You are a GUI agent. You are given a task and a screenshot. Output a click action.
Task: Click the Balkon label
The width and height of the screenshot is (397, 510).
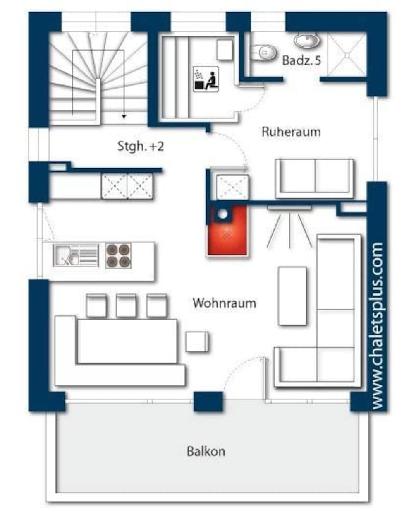click(x=206, y=451)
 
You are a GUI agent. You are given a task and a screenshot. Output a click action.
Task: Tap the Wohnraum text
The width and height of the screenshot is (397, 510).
click(x=224, y=303)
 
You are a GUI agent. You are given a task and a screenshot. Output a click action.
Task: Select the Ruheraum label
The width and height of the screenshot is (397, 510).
click(x=291, y=132)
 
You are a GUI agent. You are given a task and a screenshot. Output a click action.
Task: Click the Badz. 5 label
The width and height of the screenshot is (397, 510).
click(x=301, y=60)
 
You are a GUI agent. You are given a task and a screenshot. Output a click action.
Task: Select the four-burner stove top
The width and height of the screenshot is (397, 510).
click(x=118, y=255)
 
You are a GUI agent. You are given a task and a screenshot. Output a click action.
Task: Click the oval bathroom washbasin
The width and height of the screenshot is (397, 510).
click(x=306, y=41)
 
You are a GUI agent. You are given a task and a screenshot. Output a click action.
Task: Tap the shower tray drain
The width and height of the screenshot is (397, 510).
click(x=347, y=54)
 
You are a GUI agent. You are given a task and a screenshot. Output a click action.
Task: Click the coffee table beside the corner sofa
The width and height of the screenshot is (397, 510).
click(x=292, y=296)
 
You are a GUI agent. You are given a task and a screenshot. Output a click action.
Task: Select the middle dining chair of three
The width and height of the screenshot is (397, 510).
click(x=126, y=306)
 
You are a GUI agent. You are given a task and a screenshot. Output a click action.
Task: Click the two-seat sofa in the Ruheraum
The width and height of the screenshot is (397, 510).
click(x=314, y=178)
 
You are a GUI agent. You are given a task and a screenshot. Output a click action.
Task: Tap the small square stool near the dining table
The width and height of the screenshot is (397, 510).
click(x=197, y=342)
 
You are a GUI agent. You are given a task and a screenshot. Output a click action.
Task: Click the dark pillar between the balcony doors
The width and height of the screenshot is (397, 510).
click(x=208, y=402)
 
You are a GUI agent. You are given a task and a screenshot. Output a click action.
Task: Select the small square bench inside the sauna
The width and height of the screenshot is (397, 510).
click(x=225, y=50)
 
